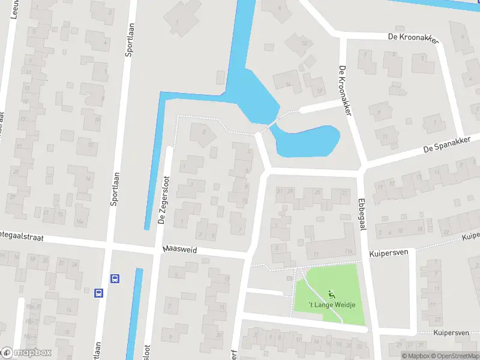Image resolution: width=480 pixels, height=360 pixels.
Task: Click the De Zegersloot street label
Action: tap(161, 203)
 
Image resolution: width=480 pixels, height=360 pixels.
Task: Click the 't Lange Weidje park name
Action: tap(332, 305)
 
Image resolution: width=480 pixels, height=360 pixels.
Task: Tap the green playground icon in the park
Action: tap(331, 294)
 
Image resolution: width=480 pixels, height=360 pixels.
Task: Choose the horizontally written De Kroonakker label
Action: tap(414, 38)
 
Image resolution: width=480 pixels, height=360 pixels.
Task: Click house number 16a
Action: tap(79, 221)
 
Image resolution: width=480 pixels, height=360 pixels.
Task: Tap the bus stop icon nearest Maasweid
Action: tap(115, 278)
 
